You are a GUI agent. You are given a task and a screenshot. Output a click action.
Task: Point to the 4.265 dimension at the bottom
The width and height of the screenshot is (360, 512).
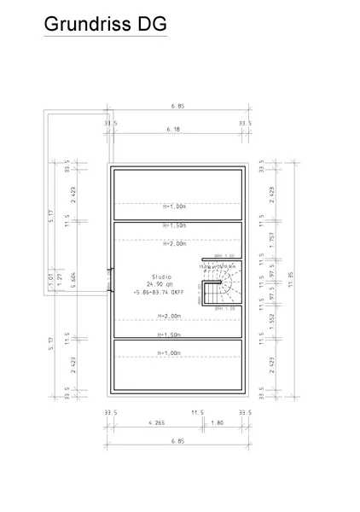pos(157,422)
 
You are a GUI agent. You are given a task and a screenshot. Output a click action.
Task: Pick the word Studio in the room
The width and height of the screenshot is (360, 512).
pos(161,277)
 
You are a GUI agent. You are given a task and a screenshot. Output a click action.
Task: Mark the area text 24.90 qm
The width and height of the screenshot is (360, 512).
pos(161,285)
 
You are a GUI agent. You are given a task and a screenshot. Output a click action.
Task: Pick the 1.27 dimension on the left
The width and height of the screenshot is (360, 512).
pos(61,278)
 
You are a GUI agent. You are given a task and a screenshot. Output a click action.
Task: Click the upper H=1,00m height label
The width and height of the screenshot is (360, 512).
pos(177,205)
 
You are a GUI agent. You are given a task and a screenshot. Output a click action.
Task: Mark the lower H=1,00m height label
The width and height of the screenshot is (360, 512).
pos(177,352)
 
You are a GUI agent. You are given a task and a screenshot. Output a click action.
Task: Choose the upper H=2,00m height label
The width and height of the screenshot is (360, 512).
pos(177,243)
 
